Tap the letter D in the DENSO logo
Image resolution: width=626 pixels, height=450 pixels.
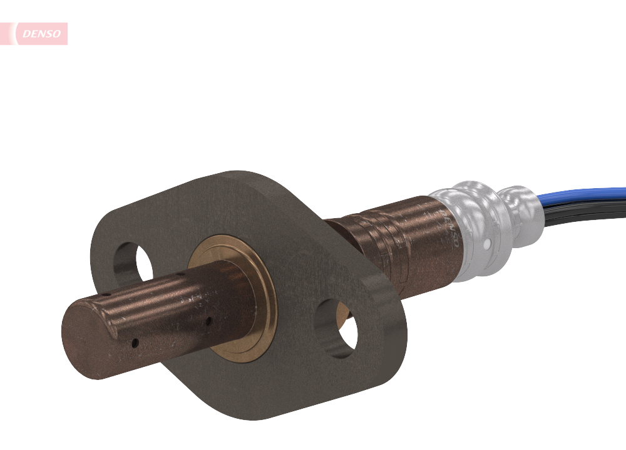click(26, 34)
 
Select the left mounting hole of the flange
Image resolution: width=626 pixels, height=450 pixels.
click(135, 262)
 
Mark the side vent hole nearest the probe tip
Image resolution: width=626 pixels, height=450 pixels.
click(134, 342)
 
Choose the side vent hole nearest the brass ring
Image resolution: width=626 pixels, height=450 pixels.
click(208, 323)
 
